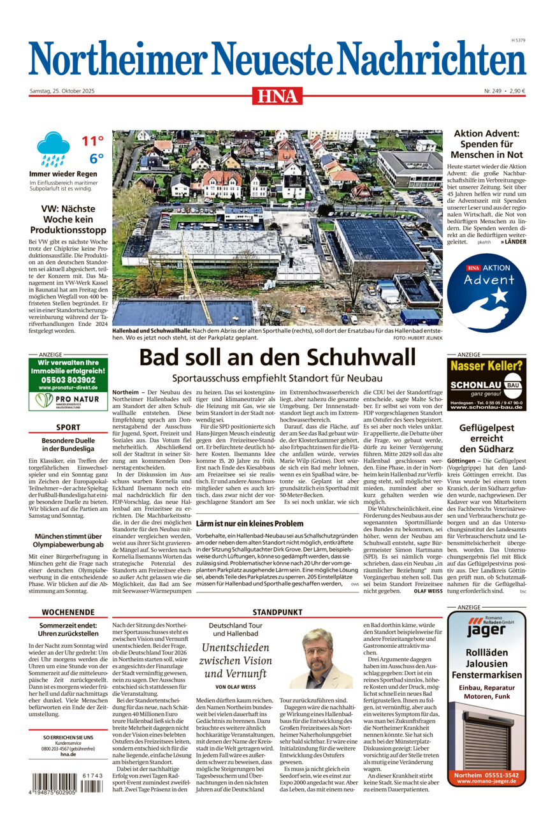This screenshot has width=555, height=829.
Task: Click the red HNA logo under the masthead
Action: (x=277, y=96)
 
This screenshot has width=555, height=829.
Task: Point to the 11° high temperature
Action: (x=92, y=141)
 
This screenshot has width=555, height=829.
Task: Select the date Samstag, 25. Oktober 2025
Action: (x=62, y=91)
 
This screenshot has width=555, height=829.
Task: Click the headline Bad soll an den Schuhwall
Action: (x=277, y=357)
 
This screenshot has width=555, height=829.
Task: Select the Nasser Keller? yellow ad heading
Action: (x=486, y=366)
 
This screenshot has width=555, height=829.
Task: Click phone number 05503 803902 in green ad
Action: (x=68, y=380)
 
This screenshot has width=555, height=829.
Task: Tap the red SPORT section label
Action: (x=68, y=427)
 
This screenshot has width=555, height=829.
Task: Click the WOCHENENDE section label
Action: (x=68, y=612)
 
